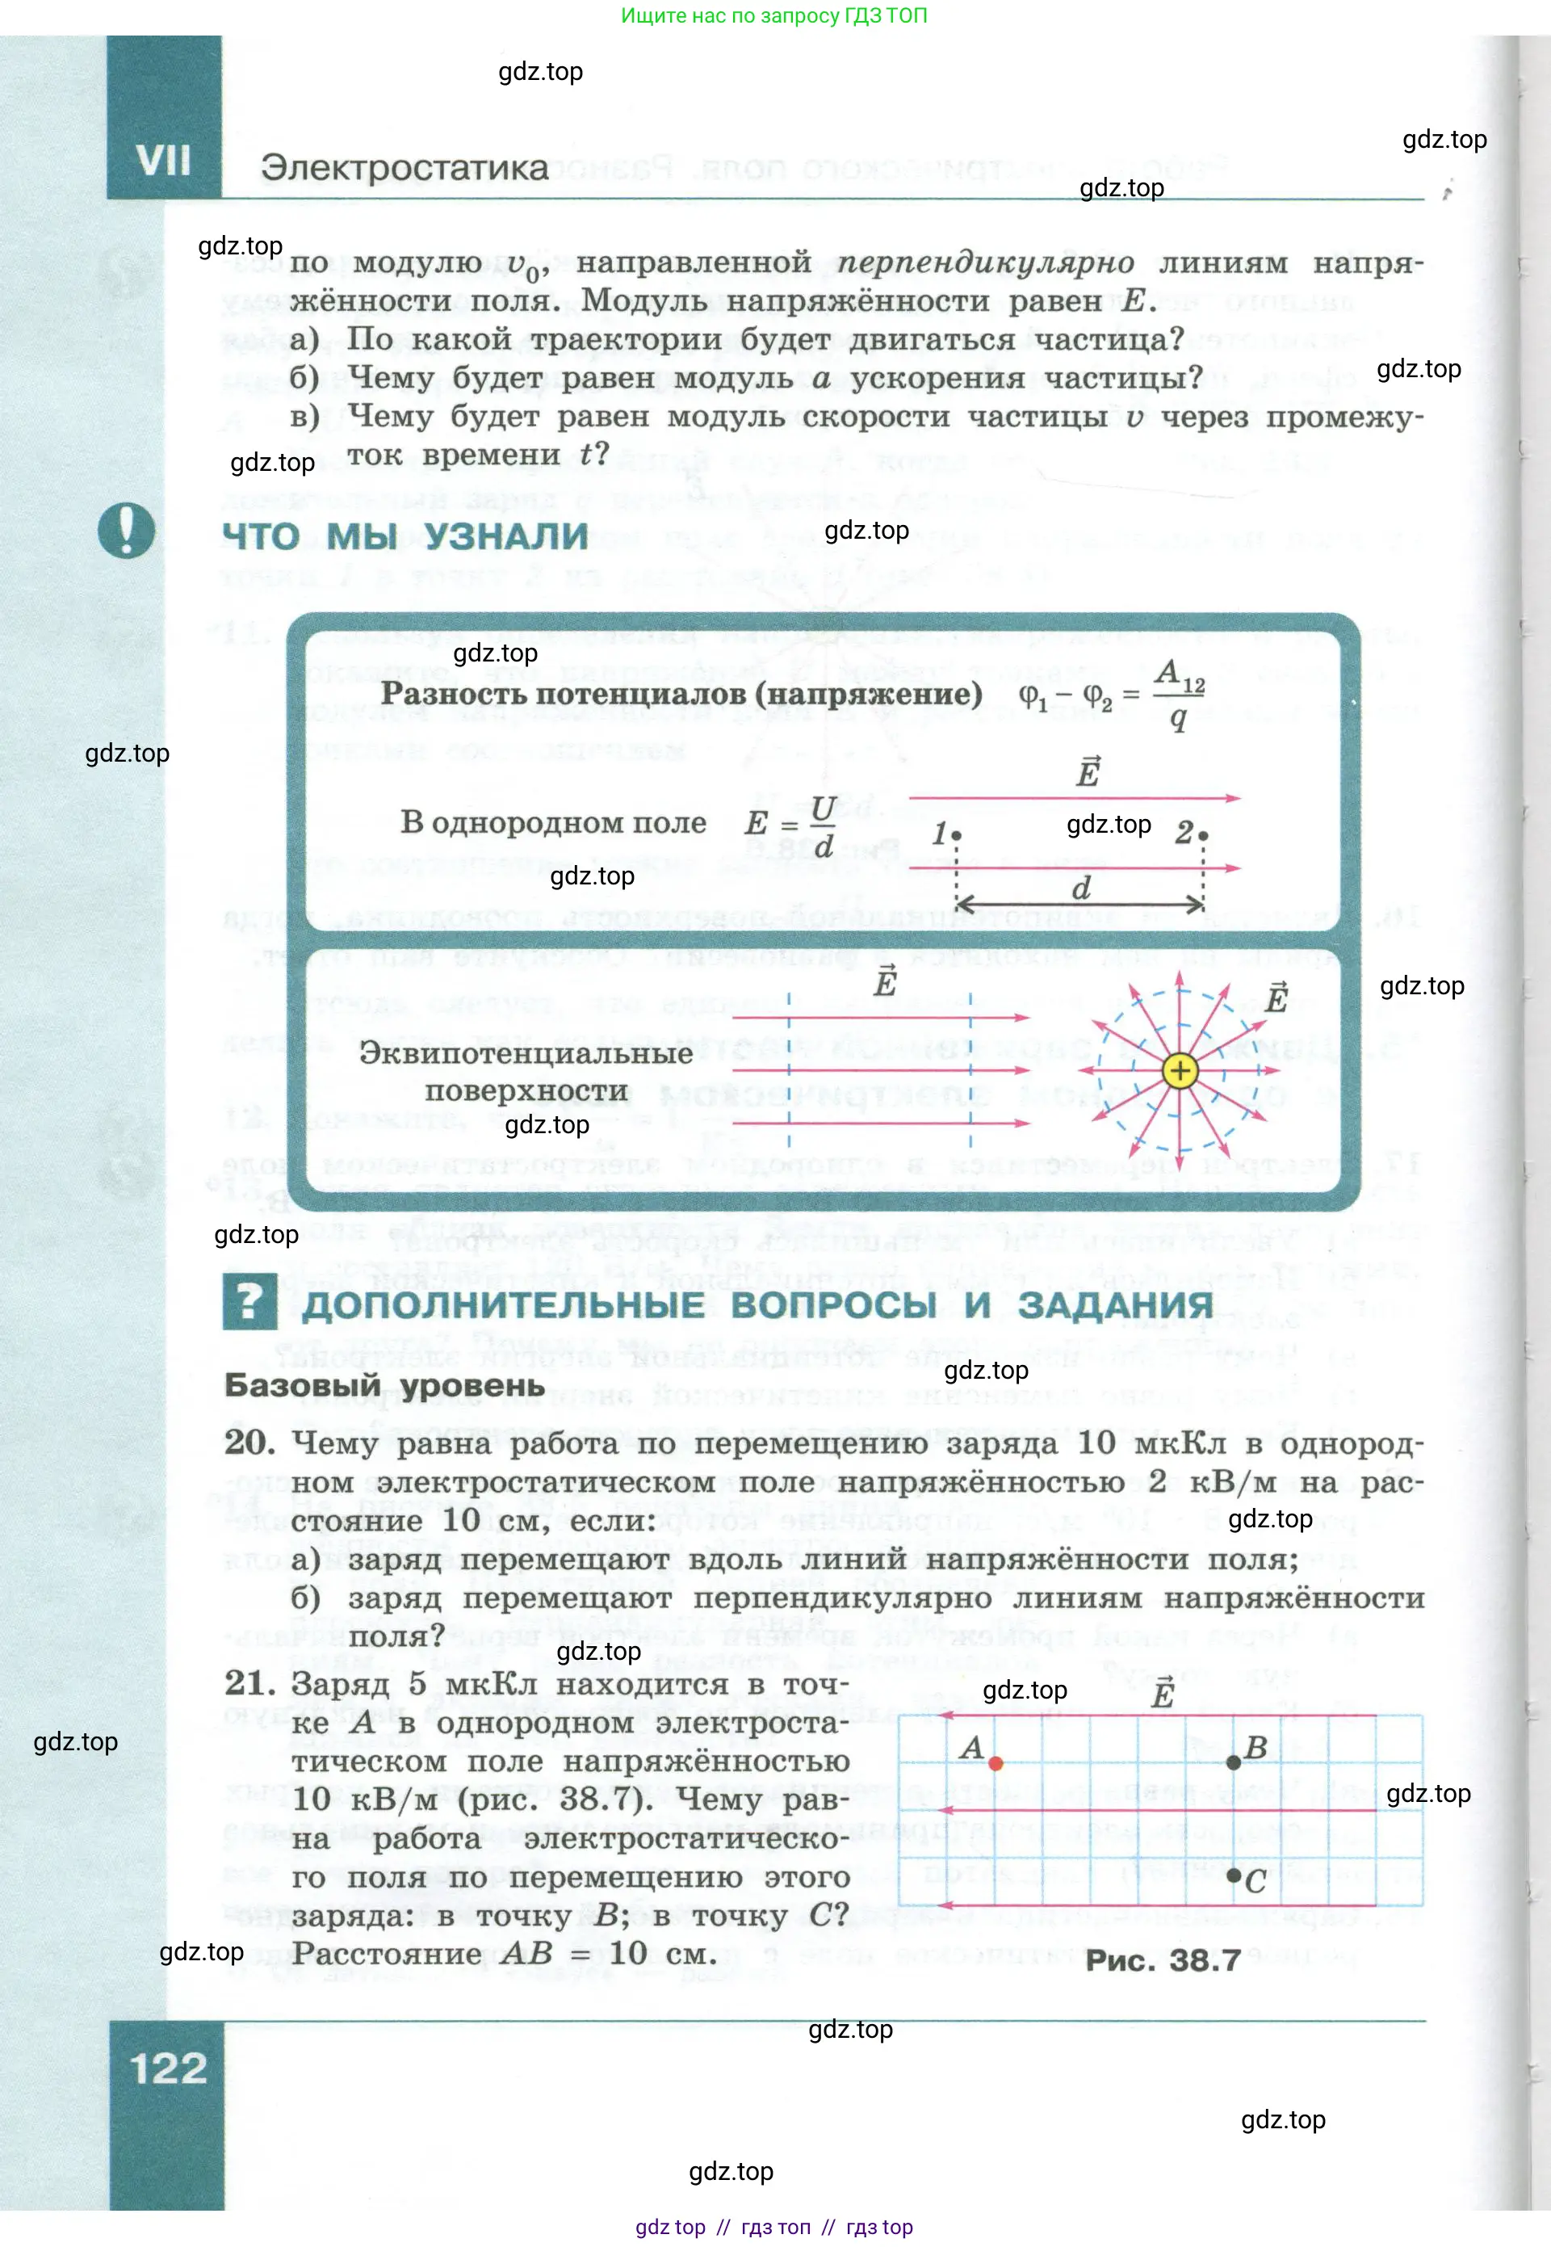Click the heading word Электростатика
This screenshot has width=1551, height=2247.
405,168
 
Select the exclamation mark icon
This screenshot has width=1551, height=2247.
126,531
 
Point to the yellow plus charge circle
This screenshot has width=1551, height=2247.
1180,1071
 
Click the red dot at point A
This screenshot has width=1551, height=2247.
996,1763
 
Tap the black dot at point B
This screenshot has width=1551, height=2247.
1233,1762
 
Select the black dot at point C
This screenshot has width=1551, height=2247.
1233,1875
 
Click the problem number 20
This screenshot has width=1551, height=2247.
249,1443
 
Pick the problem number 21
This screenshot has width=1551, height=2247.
249,1683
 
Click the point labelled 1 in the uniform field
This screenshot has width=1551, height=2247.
958,835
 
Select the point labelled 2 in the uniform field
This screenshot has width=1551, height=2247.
1203,835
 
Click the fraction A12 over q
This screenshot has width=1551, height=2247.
1179,694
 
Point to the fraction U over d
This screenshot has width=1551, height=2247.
823,825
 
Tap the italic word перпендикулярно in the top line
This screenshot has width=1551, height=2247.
984,262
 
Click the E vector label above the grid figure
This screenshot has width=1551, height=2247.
1163,1694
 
